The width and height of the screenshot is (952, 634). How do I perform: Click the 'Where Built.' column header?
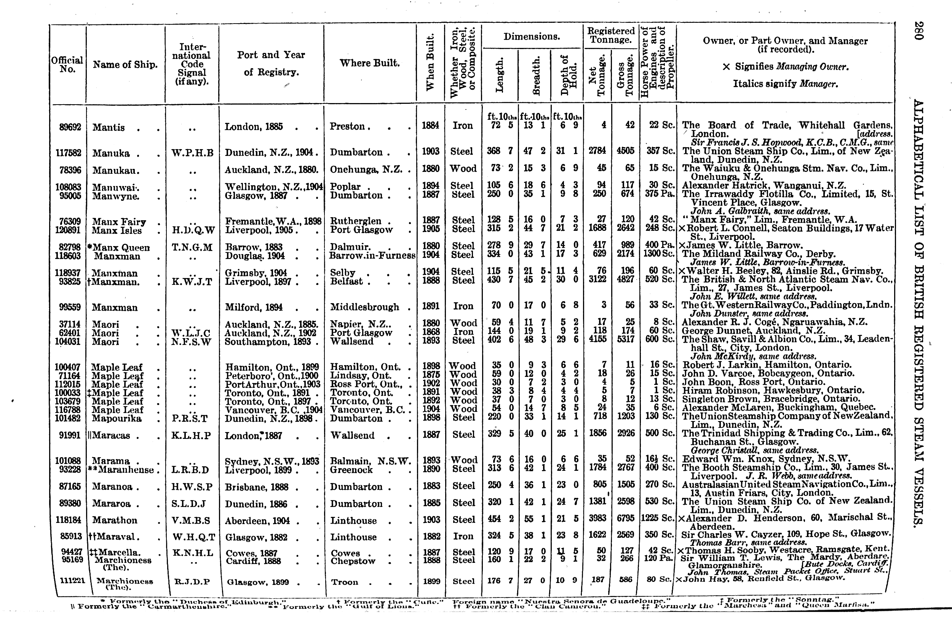point(369,63)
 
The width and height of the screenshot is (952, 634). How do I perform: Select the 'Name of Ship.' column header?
point(125,65)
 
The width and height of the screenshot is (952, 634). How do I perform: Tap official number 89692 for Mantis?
point(68,127)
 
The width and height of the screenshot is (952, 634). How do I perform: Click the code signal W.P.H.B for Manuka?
point(192,153)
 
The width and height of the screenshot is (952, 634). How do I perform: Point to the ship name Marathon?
point(115,520)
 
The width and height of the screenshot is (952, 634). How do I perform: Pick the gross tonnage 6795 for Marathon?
point(625,520)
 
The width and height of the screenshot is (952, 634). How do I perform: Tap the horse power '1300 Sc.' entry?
point(658,254)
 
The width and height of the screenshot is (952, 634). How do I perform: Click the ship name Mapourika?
point(117,418)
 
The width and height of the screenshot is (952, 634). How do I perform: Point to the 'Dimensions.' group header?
point(532,37)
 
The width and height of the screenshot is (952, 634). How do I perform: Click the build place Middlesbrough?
point(364,307)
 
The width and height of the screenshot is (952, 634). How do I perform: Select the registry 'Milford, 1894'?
point(253,308)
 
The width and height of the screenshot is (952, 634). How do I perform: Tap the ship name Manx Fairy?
point(119,222)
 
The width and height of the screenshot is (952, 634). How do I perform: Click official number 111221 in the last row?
point(72,581)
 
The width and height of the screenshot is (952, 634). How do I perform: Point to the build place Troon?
point(345,582)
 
